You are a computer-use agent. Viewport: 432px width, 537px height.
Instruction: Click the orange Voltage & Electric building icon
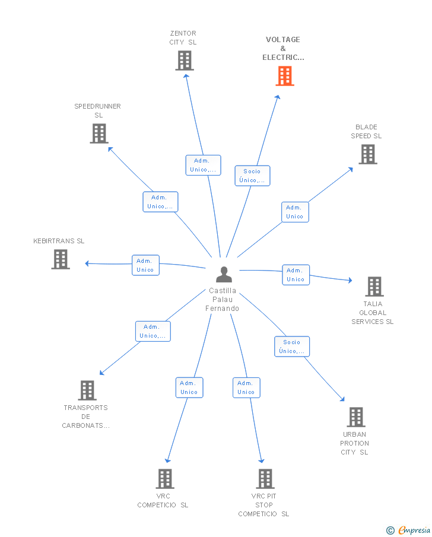tap(285, 76)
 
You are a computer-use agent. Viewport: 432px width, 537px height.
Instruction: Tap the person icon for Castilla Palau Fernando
tap(224, 275)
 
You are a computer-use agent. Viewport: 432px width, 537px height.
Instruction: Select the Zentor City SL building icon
tap(185, 61)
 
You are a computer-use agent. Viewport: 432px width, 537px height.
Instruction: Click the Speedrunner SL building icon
tap(99, 134)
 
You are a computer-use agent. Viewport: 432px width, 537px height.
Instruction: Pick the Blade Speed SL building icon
tap(368, 154)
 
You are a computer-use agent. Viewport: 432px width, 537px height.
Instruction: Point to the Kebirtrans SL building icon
tap(61, 259)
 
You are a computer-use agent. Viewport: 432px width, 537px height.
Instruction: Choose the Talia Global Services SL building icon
tap(374, 287)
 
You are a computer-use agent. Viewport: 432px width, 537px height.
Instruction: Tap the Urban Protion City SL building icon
tap(356, 417)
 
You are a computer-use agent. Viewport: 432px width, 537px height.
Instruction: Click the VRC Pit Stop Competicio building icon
tap(265, 479)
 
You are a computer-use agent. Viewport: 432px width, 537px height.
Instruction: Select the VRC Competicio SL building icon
tap(165, 479)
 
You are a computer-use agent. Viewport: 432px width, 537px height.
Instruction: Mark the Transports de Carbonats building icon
tap(87, 390)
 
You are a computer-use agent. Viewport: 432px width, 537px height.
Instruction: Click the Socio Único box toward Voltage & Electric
tap(252, 176)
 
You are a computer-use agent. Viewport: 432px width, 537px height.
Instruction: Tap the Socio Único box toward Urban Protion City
tap(292, 347)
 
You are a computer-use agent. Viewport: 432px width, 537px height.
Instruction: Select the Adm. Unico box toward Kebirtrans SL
tap(145, 265)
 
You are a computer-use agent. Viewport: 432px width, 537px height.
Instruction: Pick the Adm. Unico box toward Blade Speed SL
tap(295, 212)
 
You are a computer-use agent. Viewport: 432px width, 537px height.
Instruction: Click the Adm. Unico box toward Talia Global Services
tap(296, 275)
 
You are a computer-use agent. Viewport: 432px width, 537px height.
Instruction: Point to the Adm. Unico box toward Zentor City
tap(203, 165)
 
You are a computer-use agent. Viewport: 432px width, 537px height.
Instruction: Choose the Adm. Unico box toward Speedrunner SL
tap(160, 202)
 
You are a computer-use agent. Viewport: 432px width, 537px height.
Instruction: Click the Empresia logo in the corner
tap(408, 530)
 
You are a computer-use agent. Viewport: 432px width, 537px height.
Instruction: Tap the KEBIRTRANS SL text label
tap(59, 241)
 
